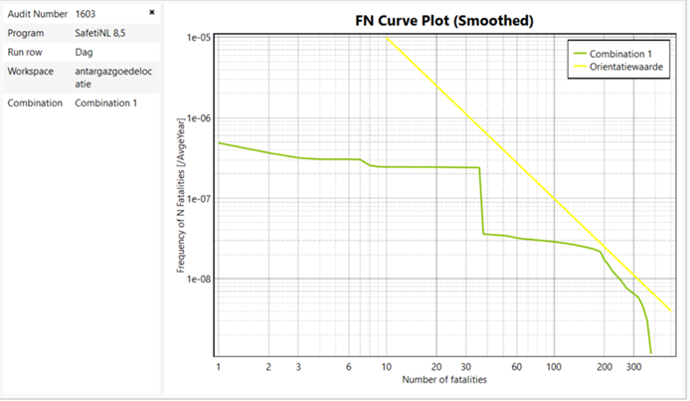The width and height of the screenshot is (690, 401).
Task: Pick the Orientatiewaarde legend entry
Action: point(624,67)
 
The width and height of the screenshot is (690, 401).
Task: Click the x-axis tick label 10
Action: point(386,367)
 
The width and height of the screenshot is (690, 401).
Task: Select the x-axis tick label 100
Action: point(552,367)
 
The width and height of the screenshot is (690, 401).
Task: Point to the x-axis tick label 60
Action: point(516,367)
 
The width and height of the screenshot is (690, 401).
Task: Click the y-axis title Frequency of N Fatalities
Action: point(181,199)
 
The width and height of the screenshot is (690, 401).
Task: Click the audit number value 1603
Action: point(86,14)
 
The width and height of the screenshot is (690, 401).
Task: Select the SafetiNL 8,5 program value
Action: point(100,33)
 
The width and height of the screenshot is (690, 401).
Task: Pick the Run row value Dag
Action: point(84,52)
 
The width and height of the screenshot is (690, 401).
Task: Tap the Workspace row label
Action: point(31,72)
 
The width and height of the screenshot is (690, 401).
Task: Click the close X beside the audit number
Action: point(152,13)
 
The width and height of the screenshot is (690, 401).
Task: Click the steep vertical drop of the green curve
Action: point(481,199)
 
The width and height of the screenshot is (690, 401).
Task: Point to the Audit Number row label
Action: point(38,14)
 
